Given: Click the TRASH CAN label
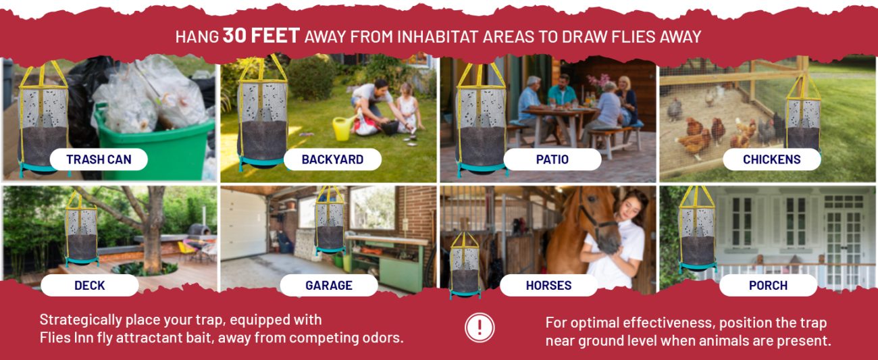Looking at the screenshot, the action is [99, 159].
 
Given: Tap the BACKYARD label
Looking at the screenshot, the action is [332, 159].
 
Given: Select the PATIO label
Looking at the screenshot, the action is [552, 159].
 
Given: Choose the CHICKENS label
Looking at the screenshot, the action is [772, 159].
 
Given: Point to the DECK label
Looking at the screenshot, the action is [90, 285].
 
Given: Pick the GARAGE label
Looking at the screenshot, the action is [329, 285].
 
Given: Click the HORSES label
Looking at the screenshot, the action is [548, 285].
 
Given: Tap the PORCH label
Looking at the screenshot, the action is [769, 285].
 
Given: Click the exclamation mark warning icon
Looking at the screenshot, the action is [480, 328].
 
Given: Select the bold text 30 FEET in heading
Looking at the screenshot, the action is [261, 35].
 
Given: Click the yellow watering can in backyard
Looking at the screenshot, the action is [342, 128].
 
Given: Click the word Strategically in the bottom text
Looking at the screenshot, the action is [81, 320].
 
